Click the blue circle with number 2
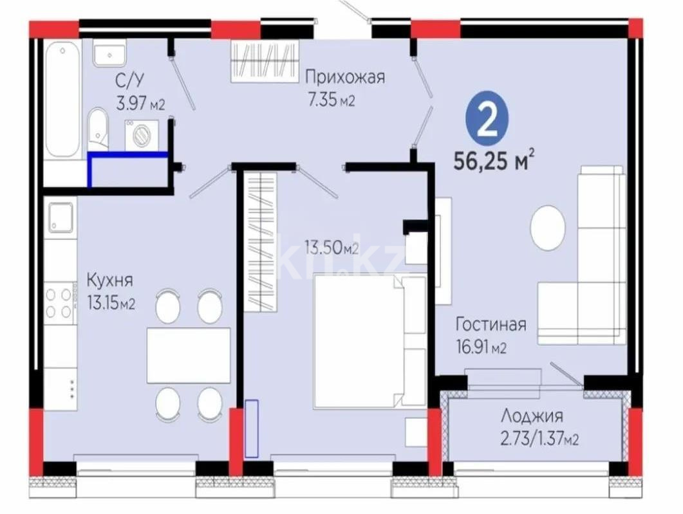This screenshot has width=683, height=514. tap(488, 120)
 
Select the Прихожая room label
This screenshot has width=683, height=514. tap(344, 78)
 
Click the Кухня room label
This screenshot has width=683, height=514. tap(110, 280)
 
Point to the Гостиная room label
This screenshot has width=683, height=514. tap(491, 324)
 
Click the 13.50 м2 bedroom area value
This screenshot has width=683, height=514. tap(331, 248)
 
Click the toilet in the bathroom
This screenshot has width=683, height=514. tap(98, 131)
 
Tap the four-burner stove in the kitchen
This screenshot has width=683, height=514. tap(59, 302)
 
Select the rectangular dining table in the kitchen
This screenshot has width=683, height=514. tap(188, 355)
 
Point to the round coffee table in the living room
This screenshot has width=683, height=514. tap(548, 227)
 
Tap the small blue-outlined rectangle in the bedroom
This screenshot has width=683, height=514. tap(251, 428)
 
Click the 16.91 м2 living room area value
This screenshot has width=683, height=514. tap(482, 348)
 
